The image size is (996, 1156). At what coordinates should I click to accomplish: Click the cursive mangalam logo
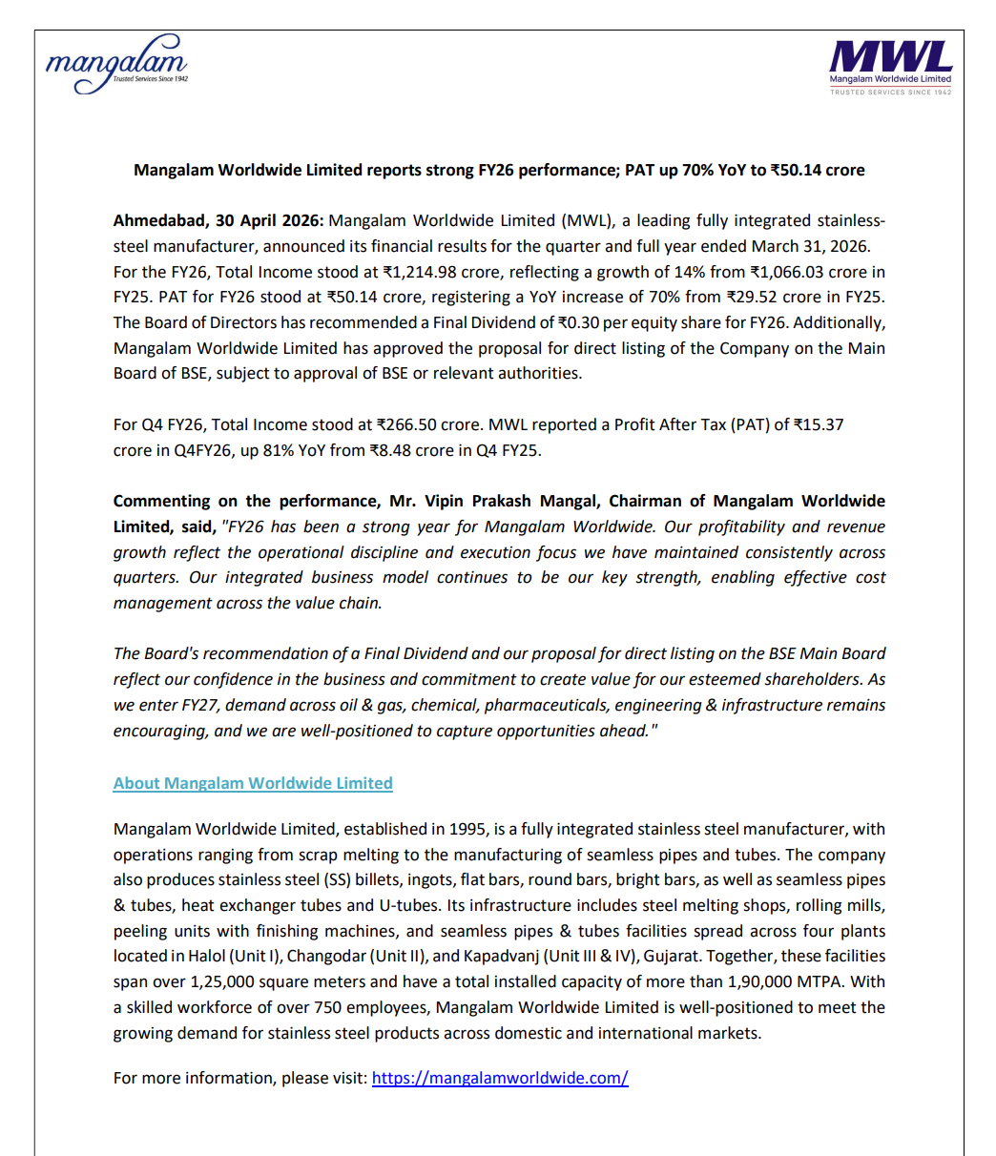(x=116, y=64)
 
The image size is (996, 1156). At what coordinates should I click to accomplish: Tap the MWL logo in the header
(x=890, y=66)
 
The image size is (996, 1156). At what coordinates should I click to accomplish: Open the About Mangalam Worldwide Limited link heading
(x=253, y=783)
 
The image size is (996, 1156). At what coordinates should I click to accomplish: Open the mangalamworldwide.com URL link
(x=500, y=1078)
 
